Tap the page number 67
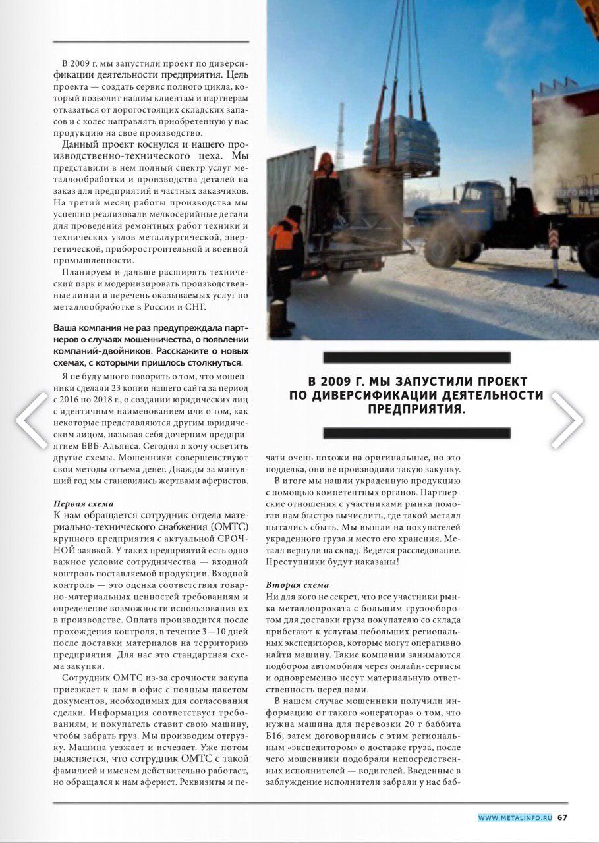pos(562,817)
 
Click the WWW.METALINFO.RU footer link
pos(515,818)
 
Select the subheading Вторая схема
pos(297,585)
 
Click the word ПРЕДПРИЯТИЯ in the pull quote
pos(416,408)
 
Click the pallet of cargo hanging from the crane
pos(401,142)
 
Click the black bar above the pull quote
pos(416,358)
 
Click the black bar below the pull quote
pos(416,433)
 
